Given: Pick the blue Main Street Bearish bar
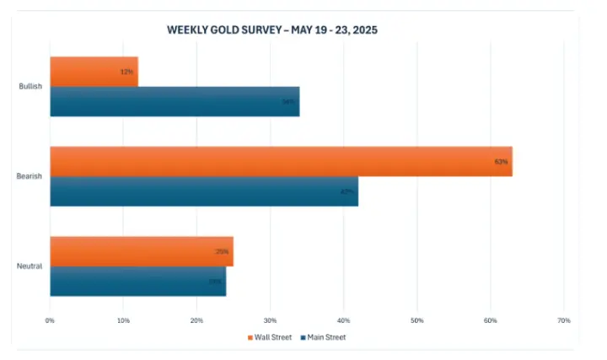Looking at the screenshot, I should tap(202, 191).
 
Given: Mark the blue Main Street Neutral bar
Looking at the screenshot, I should tap(135, 281).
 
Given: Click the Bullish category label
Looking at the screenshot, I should tap(31, 87).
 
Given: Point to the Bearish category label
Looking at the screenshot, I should tap(30, 176).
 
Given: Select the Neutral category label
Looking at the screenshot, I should tap(30, 266).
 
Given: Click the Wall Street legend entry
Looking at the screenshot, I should tap(273, 337).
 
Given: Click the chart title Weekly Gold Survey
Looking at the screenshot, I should tap(271, 30).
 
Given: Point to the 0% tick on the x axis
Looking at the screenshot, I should tap(50, 320).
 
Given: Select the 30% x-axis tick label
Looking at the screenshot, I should tap(270, 320).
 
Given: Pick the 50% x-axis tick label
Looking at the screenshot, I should tap(416, 320).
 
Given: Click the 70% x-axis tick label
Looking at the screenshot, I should tap(564, 320).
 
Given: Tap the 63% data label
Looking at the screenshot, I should tap(501, 161).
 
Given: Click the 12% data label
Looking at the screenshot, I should tap(127, 72).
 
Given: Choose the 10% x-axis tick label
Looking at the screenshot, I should tap(123, 320).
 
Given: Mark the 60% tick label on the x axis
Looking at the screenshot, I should tap(491, 320).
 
